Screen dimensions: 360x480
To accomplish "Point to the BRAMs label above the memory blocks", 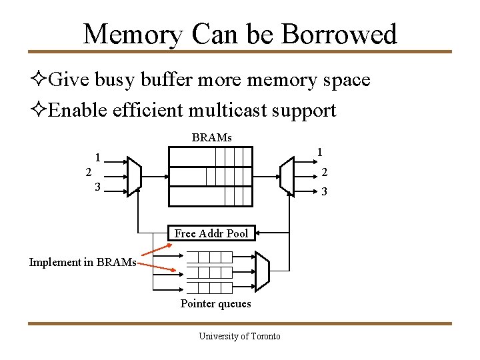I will (211, 138).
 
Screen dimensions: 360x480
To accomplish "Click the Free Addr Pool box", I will (211, 233).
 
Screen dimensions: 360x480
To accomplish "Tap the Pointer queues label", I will (215, 304).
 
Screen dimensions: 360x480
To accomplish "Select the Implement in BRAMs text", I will (83, 262).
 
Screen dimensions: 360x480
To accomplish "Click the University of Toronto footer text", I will (239, 336).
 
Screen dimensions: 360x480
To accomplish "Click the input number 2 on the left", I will (89, 172).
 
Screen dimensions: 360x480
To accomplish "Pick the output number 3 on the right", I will (324, 192).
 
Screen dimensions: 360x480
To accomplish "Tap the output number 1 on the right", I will (320, 152).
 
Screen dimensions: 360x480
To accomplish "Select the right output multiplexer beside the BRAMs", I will (287, 175).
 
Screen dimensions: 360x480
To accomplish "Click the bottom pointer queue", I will (209, 287).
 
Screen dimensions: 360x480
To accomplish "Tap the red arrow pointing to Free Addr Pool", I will (156, 250).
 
